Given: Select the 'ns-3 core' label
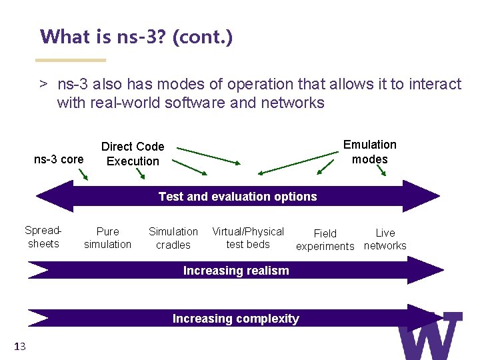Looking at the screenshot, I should (x=59, y=159).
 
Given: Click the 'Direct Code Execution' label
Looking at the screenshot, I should (x=133, y=154).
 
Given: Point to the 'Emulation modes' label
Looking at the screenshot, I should (x=370, y=152).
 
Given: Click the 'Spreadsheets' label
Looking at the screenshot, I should (x=43, y=237).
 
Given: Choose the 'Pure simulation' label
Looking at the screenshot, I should (x=107, y=238).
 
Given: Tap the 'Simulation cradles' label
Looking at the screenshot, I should (x=173, y=238).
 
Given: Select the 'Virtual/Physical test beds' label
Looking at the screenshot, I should (x=248, y=238).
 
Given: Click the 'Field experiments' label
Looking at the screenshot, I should (x=325, y=239).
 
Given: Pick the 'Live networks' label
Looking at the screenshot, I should (x=385, y=239).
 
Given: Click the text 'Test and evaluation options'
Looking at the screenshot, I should (x=237, y=197).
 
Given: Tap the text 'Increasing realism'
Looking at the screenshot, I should (x=236, y=271).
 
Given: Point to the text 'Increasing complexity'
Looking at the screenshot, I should (x=235, y=319).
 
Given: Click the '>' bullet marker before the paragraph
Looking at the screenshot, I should (x=43, y=85).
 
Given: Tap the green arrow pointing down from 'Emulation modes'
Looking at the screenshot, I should (x=382, y=170).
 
